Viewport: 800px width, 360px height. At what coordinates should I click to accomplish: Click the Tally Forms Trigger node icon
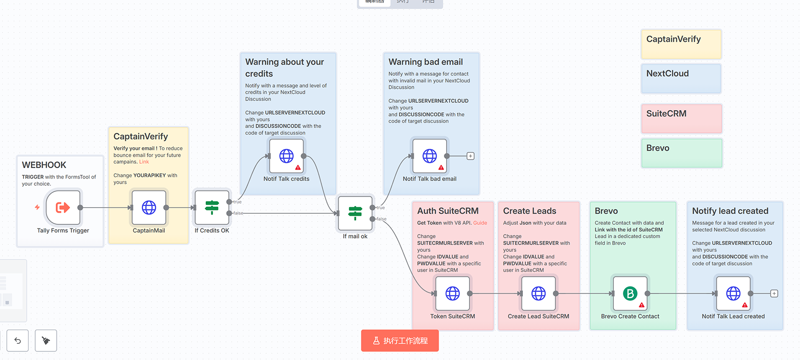click(x=63, y=208)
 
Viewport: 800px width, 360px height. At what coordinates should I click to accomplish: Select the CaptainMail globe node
click(x=149, y=208)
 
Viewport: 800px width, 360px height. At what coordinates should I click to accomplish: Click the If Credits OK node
click(x=212, y=208)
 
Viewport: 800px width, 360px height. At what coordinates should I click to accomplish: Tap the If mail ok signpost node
click(x=355, y=213)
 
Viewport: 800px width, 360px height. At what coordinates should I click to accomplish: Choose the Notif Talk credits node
click(x=286, y=156)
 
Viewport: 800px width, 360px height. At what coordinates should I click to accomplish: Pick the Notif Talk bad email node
click(x=430, y=156)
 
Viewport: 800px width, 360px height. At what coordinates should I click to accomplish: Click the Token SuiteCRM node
click(x=452, y=293)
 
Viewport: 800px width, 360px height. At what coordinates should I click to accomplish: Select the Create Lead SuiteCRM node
click(x=539, y=293)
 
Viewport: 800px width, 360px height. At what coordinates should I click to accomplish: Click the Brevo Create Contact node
click(x=630, y=293)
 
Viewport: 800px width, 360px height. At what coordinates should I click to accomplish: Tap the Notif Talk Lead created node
click(x=733, y=293)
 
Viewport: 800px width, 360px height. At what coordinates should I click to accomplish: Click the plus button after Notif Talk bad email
click(x=470, y=156)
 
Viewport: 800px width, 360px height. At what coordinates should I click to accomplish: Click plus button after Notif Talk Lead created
click(x=774, y=293)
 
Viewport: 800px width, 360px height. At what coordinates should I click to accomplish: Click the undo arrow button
click(x=18, y=340)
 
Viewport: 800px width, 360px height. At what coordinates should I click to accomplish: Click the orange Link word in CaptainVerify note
click(x=144, y=162)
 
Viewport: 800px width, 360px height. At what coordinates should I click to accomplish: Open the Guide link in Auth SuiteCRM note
click(x=480, y=223)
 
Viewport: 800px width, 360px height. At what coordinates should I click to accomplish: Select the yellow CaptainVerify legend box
click(x=681, y=44)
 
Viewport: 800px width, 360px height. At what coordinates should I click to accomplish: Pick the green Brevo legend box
click(x=681, y=153)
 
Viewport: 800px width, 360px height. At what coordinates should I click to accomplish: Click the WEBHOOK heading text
click(x=44, y=165)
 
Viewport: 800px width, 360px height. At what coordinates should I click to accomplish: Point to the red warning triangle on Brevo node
click(x=641, y=305)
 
